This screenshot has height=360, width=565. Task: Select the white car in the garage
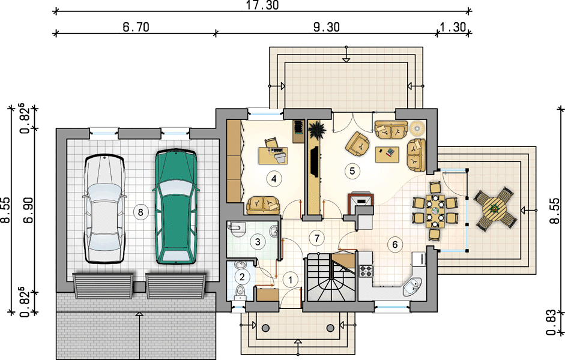tap(104, 209)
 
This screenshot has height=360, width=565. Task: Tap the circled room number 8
tap(140, 212)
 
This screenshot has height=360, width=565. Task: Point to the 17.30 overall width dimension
tap(262, 5)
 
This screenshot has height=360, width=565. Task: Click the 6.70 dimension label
tap(136, 27)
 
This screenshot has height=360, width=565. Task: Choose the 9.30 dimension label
tap(326, 27)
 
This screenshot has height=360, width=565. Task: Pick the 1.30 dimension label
tap(453, 27)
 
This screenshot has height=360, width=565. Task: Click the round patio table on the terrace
tap(495, 209)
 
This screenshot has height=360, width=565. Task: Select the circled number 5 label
tap(352, 170)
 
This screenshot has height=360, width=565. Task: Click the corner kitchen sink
tap(413, 287)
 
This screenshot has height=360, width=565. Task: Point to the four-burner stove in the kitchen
tap(366, 271)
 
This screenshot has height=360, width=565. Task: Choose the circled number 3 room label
tap(257, 242)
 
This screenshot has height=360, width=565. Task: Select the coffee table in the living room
tap(387, 155)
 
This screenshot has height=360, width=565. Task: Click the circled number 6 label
tap(394, 245)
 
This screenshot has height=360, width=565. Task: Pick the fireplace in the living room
tap(360, 203)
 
